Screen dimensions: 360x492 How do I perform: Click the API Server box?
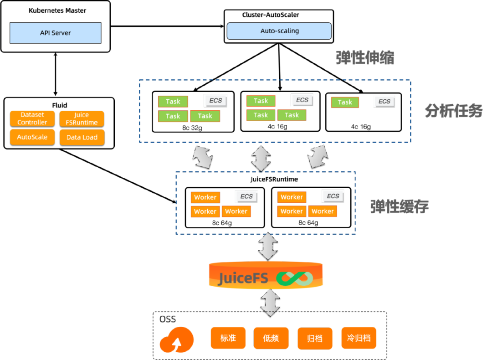[55, 33]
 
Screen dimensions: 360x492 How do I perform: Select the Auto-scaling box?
[279, 31]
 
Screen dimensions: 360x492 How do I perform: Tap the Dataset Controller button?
[32, 118]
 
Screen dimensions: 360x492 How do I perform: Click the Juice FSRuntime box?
[82, 118]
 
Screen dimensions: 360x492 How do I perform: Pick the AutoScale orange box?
[32, 137]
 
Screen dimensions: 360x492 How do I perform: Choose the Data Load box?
[82, 137]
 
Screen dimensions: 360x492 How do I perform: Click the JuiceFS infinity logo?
[295, 278]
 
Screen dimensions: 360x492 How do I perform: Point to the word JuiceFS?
[243, 278]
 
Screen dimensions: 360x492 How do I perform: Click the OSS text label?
[168, 319]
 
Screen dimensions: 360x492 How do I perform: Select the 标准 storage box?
[228, 338]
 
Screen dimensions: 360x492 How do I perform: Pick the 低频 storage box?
[271, 338]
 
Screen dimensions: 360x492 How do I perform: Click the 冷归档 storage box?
[359, 338]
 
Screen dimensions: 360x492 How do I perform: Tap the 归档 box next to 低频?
[315, 338]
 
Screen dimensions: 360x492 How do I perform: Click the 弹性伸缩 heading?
[365, 58]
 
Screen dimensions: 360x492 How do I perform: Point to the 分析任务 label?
[453, 111]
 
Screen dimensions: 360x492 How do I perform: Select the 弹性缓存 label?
[400, 206]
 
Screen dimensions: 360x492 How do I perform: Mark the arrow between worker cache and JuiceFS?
[268, 247]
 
